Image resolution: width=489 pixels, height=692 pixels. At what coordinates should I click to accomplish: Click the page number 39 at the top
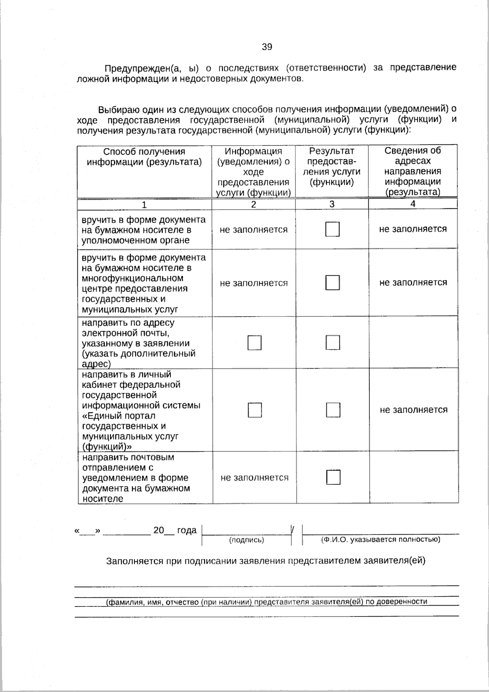coord(267,47)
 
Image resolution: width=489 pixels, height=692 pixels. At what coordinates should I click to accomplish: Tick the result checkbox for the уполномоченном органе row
coord(333,230)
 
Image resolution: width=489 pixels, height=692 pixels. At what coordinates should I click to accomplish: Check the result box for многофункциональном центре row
coord(333,283)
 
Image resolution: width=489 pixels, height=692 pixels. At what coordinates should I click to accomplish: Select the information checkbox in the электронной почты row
coord(255,343)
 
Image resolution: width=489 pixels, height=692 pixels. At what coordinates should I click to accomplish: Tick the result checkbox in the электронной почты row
coord(333,343)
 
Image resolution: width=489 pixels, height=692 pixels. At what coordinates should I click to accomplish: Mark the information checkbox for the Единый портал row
coord(255,410)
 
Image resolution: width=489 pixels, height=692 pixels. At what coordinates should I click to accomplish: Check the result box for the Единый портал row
coord(333,410)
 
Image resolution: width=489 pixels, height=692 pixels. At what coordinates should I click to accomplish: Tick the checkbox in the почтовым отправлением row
coord(333,478)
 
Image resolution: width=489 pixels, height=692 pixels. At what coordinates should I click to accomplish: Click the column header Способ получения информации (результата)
coord(145,157)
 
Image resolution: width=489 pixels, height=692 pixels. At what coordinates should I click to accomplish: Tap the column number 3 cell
coord(332,204)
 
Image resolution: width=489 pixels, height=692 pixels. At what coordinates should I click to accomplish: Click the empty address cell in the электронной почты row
coord(413,343)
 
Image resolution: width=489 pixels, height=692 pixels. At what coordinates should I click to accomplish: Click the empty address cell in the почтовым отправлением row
coord(414,477)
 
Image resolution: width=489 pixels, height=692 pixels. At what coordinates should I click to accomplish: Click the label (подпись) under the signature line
coord(247,540)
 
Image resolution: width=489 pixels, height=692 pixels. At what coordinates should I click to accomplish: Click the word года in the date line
coord(187,531)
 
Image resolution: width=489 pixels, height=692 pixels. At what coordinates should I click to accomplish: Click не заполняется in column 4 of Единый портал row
coord(414,410)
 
